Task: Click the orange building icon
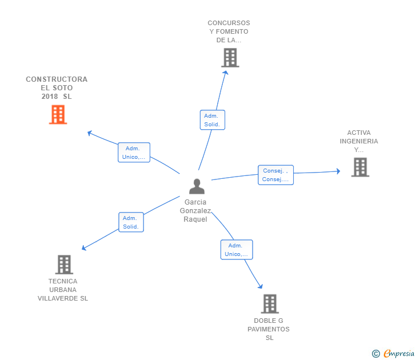[x=58, y=114]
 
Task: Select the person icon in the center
[x=197, y=186]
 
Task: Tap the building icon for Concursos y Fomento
[x=230, y=58]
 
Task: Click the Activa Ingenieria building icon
[x=360, y=167]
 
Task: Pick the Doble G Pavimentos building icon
[x=270, y=303]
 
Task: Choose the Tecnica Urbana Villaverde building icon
[x=64, y=265]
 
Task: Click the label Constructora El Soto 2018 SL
[x=57, y=88]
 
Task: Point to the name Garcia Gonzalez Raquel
[x=195, y=211]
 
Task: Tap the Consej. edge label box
[x=275, y=175]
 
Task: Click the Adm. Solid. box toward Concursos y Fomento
[x=212, y=120]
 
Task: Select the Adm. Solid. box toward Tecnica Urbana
[x=130, y=222]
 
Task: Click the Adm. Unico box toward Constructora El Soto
[x=134, y=153]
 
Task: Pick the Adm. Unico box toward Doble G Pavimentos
[x=236, y=250]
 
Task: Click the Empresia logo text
[x=399, y=353]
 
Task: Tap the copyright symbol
[x=375, y=354]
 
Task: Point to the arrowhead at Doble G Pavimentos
[x=261, y=286]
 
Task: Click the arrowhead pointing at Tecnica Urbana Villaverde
[x=84, y=248]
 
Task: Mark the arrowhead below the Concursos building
[x=226, y=71]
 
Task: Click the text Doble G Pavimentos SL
[x=269, y=329]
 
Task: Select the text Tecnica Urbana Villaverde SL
[x=63, y=290]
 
